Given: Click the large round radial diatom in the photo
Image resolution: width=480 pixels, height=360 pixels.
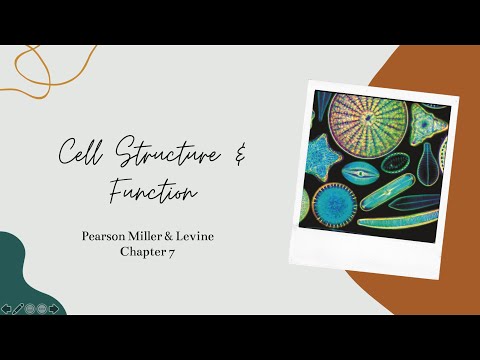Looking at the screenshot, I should pyautogui.click(x=368, y=127).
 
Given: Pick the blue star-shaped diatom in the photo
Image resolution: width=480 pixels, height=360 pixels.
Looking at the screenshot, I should pyautogui.click(x=323, y=158).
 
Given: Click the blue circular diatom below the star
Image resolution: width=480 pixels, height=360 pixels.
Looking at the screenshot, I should pyautogui.click(x=334, y=203).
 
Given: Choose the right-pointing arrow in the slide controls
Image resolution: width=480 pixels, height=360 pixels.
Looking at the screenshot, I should pyautogui.click(x=53, y=308).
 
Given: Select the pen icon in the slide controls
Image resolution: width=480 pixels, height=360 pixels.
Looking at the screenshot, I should pyautogui.click(x=18, y=308).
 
